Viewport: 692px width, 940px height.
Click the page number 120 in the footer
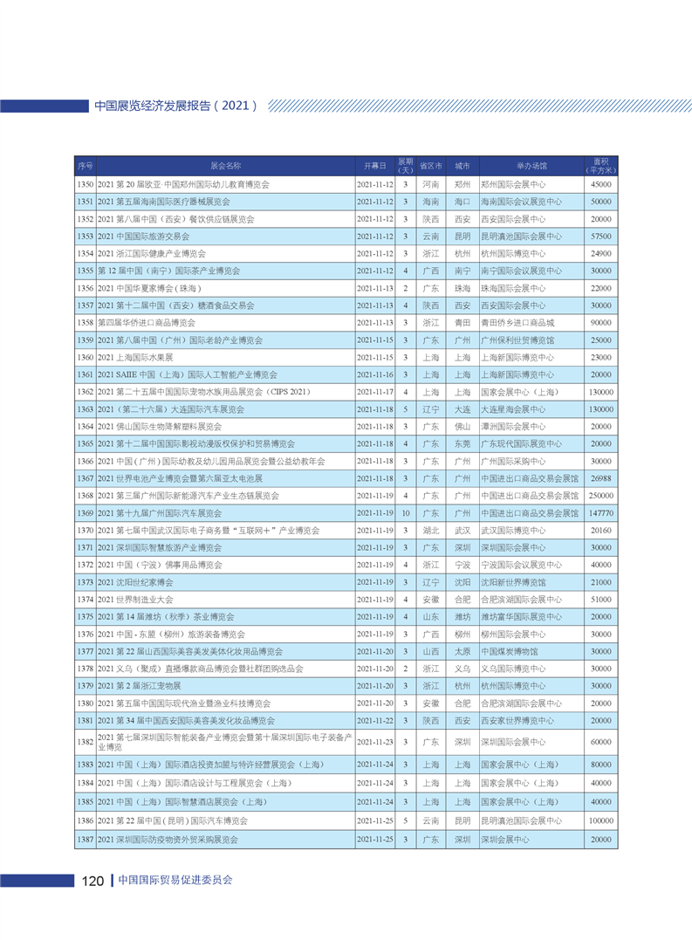click(93, 880)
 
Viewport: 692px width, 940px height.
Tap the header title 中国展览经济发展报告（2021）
click(175, 106)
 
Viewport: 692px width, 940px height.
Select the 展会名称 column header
click(225, 165)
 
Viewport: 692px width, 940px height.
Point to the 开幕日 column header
click(374, 165)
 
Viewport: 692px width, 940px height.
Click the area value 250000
click(600, 495)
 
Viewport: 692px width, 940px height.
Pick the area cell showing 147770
click(600, 512)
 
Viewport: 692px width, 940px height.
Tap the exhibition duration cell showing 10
click(406, 512)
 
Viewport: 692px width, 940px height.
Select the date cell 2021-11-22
click(376, 720)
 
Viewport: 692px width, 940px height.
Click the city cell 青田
click(462, 323)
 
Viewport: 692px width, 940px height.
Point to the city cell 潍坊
click(462, 616)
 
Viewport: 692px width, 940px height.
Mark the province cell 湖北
click(430, 530)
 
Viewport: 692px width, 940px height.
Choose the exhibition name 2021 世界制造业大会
click(136, 600)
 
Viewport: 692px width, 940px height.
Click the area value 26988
click(600, 478)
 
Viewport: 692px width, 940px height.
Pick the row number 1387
click(85, 839)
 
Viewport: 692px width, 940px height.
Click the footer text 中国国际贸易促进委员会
click(175, 880)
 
